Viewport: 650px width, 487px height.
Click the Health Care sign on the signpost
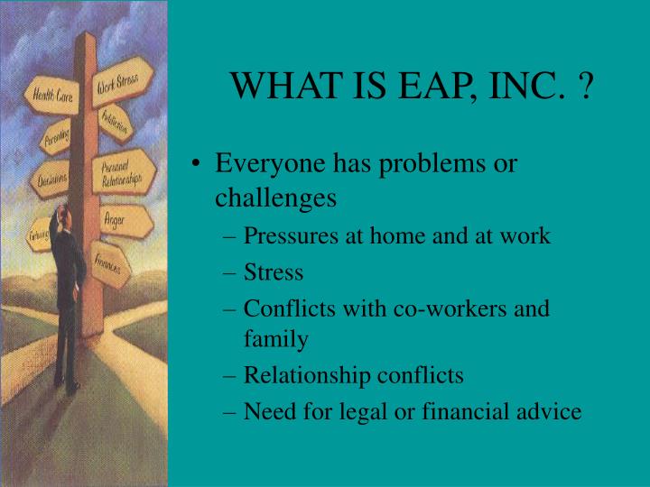pyautogui.click(x=53, y=95)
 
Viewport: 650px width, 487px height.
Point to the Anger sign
pyautogui.click(x=120, y=218)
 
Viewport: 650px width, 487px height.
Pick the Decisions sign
pyautogui.click(x=52, y=180)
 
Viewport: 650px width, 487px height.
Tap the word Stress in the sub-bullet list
pyautogui.click(x=274, y=271)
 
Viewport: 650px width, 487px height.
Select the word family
pyautogui.click(x=275, y=340)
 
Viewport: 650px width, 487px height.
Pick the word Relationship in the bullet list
pyautogui.click(x=303, y=375)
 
